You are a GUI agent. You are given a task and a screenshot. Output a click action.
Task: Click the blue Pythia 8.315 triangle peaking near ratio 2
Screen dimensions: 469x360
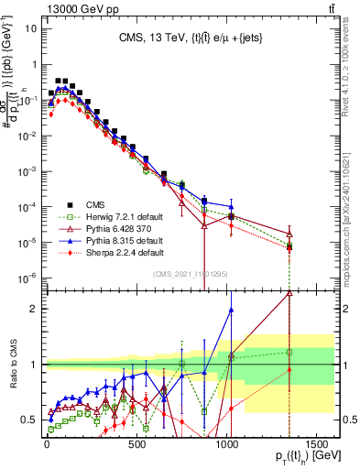pos(231,310)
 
